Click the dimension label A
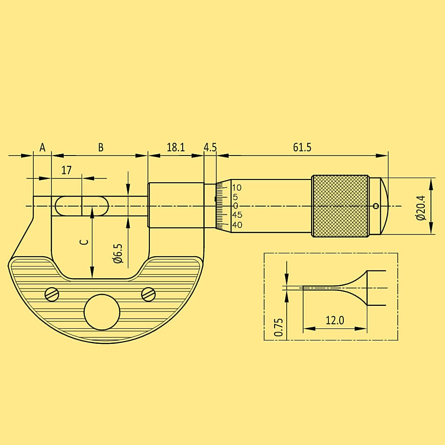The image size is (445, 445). point(42,148)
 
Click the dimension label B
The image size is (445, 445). point(101,148)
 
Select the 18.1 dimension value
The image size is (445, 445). point(176,148)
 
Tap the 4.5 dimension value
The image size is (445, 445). point(210,148)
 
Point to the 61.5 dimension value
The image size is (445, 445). point(302,148)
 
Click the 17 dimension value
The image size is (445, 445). point(67,171)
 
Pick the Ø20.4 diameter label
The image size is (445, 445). point(421,208)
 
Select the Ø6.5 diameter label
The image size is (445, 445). point(119,253)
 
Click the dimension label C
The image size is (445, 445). point(84,242)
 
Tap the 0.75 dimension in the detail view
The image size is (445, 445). point(279,327)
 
